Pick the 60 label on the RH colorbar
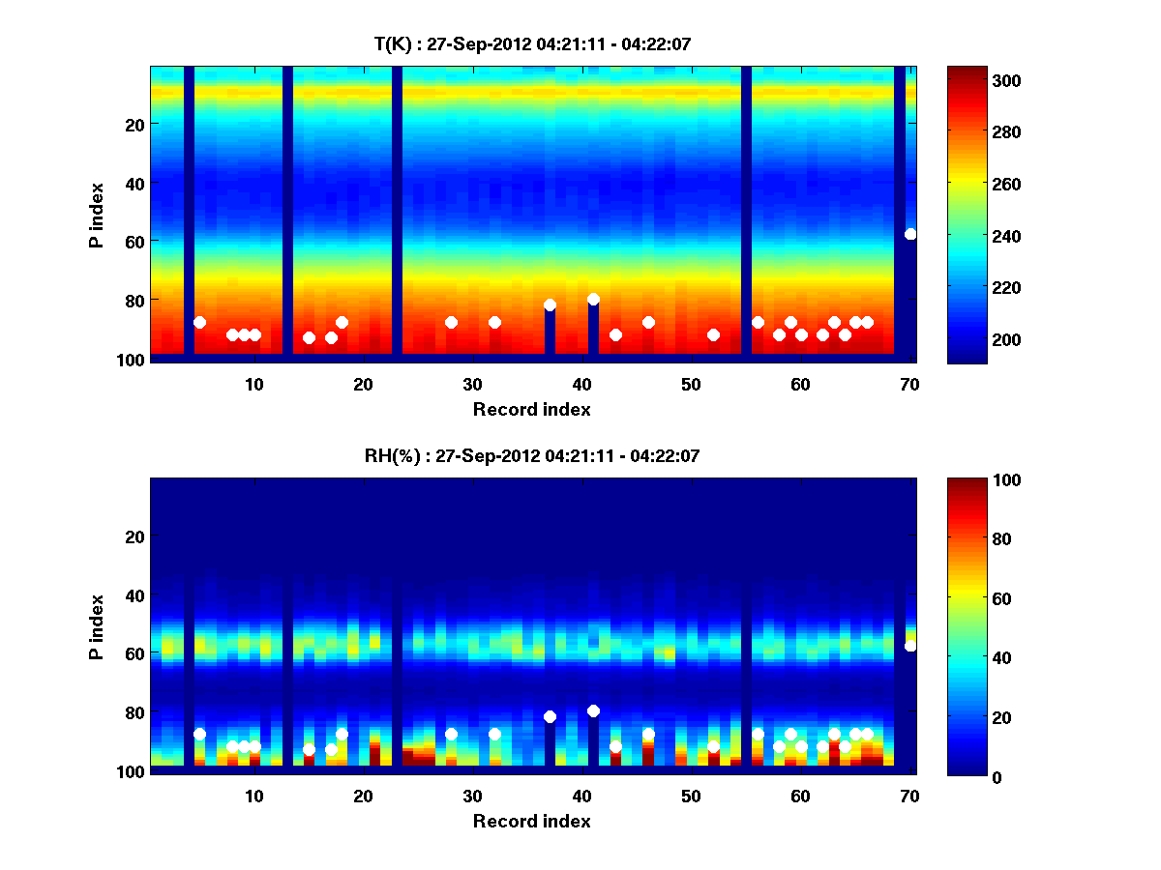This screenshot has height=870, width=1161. coord(974,599)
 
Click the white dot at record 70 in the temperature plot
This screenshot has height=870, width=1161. coord(910,234)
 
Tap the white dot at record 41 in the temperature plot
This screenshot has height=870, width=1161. coord(593,300)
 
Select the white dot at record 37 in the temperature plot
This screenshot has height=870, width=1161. coord(550,305)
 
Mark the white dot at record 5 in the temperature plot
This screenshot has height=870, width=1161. coord(199,323)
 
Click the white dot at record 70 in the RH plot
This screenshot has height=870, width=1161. coord(910,646)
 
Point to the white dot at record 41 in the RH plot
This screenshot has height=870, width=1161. coord(593,711)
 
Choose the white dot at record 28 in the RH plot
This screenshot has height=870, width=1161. coord(451,735)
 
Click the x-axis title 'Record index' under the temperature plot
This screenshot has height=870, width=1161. coord(531,410)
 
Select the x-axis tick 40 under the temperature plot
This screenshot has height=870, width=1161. coord(581,384)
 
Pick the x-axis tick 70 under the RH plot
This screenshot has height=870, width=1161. coord(909,796)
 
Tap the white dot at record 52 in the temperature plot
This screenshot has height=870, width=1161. coord(713,335)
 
